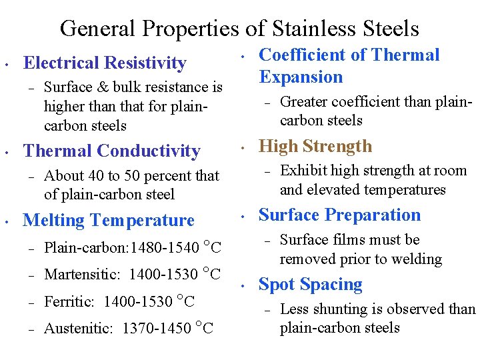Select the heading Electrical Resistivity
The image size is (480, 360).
pyautogui.click(x=105, y=63)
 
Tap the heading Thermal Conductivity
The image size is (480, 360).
pyautogui.click(x=111, y=151)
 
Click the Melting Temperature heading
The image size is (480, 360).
pyautogui.click(x=109, y=220)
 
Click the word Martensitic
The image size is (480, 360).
pyautogui.click(x=82, y=274)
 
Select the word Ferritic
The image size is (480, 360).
pyautogui.click(x=69, y=301)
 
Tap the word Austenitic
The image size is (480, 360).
pyautogui.click(x=79, y=328)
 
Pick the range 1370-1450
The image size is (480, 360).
pyautogui.click(x=157, y=328)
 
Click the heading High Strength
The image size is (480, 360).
pyautogui.click(x=315, y=146)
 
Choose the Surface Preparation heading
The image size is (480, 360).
pyautogui.click(x=339, y=215)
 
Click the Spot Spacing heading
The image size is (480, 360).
pyautogui.click(x=310, y=285)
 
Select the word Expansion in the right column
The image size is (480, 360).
pyautogui.click(x=301, y=77)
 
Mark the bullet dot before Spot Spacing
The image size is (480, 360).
pyautogui.click(x=245, y=286)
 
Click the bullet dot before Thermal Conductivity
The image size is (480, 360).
pyautogui.click(x=6, y=153)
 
